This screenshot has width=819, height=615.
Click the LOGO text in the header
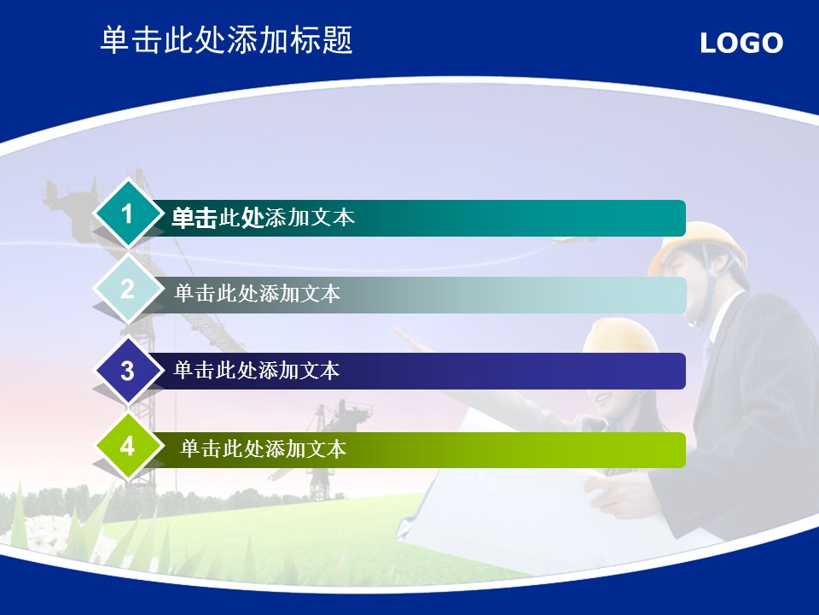[741, 43]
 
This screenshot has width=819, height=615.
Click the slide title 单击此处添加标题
[227, 40]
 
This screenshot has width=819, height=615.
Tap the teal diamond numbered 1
[127, 214]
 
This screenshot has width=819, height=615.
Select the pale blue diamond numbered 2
[127, 290]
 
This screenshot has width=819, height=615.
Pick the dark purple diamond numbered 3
[127, 371]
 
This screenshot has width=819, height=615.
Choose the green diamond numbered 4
[127, 447]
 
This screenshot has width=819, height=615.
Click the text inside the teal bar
[264, 218]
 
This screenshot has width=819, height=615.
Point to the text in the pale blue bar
[258, 293]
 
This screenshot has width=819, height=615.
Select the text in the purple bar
[257, 370]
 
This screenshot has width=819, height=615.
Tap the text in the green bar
[264, 448]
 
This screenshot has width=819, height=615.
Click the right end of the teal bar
[685, 218]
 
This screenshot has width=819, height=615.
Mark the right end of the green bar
[685, 450]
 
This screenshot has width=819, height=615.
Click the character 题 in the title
[338, 40]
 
